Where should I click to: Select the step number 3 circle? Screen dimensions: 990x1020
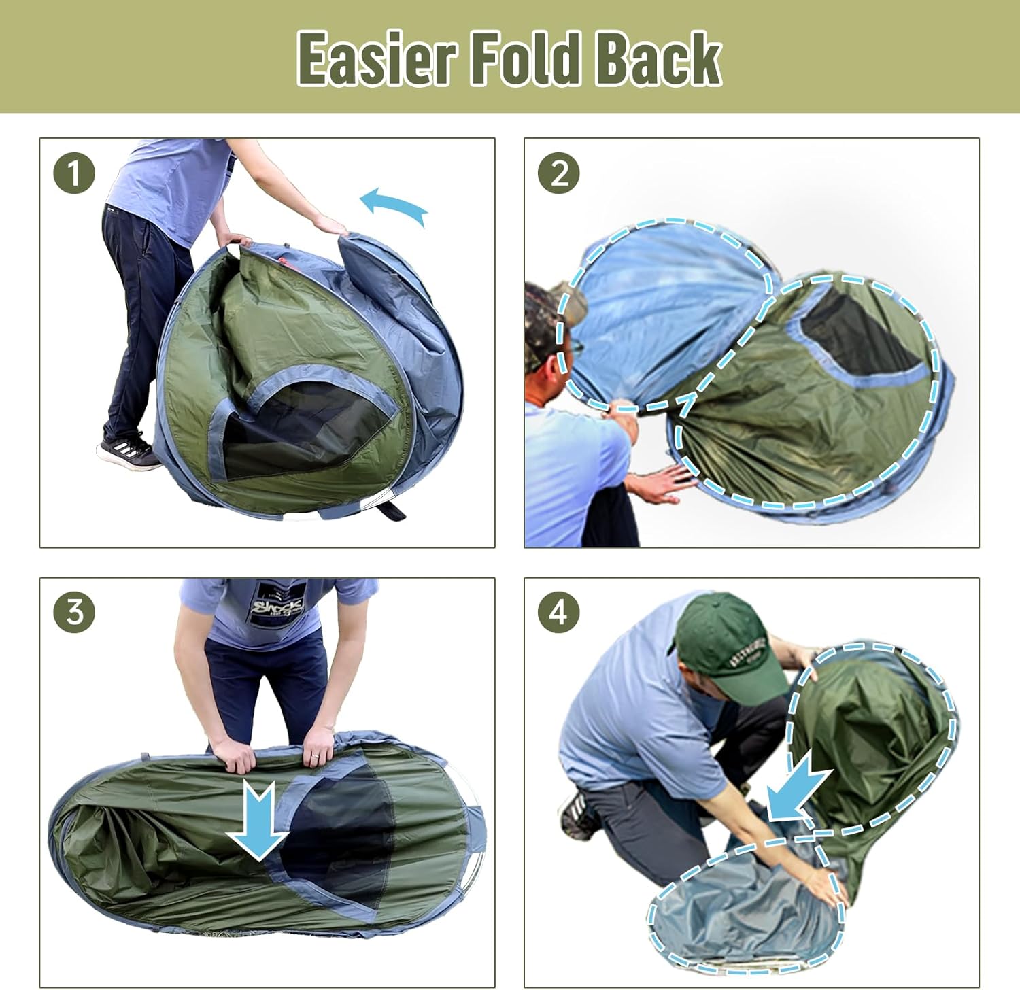point(74,612)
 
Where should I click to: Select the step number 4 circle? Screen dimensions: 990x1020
point(558,612)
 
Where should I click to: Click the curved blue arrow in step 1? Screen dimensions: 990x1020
point(394,205)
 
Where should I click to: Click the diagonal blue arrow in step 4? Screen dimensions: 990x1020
point(799,789)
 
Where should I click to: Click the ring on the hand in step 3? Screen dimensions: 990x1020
point(310,757)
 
